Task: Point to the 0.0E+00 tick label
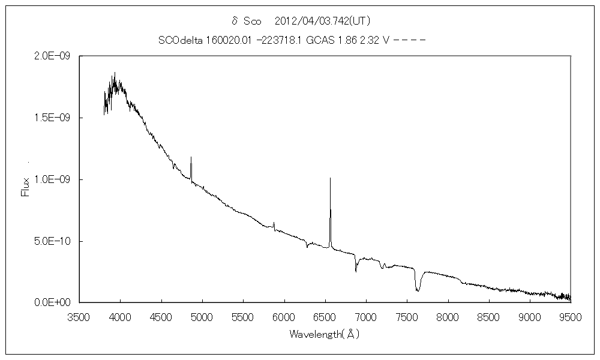click(53, 303)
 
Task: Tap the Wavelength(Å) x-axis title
click(325, 334)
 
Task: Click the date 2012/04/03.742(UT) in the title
click(318, 21)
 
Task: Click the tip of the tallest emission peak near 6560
click(330, 178)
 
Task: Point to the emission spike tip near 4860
click(191, 157)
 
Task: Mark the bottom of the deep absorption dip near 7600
click(418, 291)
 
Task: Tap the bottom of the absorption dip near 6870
click(356, 271)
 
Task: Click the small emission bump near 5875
click(274, 223)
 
